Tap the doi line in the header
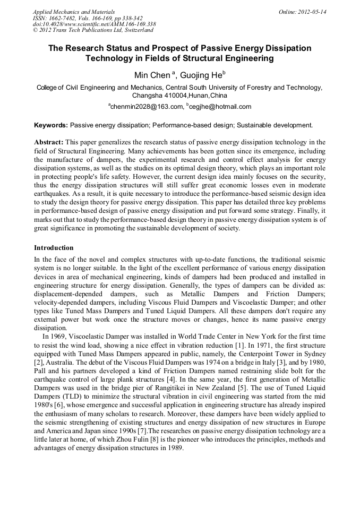pyautogui.click(x=94, y=24)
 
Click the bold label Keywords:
pyautogui.click(x=51, y=125)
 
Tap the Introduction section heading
pyautogui.click(x=54, y=247)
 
